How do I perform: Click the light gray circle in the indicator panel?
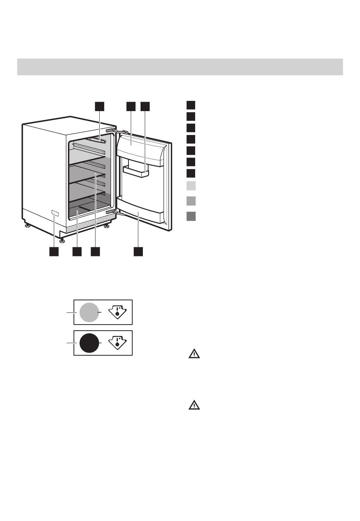click(x=89, y=312)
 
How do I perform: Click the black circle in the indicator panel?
click(x=89, y=343)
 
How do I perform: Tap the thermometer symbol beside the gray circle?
click(x=117, y=312)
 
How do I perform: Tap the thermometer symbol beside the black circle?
click(x=117, y=343)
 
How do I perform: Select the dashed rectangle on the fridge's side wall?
click(x=55, y=213)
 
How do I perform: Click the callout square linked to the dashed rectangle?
click(x=54, y=251)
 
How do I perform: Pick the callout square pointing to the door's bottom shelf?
click(x=138, y=251)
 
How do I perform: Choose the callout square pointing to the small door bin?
click(x=145, y=106)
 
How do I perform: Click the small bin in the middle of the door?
click(x=136, y=171)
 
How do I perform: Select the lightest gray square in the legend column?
click(x=191, y=186)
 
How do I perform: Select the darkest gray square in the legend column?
click(x=191, y=217)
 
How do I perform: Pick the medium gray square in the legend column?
click(x=191, y=201)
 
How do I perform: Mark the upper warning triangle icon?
click(x=194, y=354)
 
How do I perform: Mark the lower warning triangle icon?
click(x=194, y=405)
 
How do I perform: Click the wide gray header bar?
click(x=180, y=67)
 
